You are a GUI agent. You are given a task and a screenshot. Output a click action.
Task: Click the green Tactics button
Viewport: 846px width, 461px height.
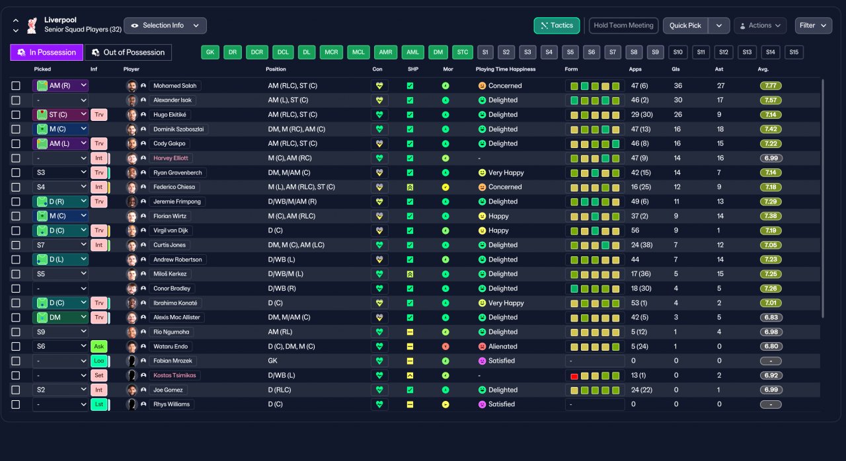point(557,26)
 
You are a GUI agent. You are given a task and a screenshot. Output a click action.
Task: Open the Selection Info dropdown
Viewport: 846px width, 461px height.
point(165,26)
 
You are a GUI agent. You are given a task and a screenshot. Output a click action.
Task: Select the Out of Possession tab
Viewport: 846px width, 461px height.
point(128,52)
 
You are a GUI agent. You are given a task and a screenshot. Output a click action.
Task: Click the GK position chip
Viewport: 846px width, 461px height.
point(210,52)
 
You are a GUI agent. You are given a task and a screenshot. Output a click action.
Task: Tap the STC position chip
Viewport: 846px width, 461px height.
point(462,52)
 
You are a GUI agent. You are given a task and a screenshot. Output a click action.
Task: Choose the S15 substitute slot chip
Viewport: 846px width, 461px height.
point(794,52)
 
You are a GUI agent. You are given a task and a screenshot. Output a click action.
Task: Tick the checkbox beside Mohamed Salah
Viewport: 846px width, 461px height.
point(16,86)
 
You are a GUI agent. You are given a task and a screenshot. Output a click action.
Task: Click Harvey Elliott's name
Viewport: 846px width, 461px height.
point(171,158)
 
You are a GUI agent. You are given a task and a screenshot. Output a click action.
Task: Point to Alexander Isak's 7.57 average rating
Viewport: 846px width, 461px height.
point(771,100)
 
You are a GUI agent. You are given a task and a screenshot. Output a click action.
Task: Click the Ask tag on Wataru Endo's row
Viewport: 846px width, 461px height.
point(99,346)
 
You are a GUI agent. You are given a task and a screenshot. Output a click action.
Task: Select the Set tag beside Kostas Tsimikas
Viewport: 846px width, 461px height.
point(99,375)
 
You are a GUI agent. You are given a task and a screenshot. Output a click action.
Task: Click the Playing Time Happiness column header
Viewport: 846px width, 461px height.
point(506,69)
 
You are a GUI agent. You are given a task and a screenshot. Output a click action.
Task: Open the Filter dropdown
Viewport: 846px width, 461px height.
point(813,26)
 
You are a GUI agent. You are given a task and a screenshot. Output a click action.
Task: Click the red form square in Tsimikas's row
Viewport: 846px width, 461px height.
point(574,376)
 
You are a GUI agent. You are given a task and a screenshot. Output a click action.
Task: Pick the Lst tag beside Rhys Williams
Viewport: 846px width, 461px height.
point(99,404)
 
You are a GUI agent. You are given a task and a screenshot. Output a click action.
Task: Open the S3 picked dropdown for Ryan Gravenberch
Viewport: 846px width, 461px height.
point(60,173)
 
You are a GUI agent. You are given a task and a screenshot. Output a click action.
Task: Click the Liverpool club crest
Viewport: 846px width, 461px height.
point(32,26)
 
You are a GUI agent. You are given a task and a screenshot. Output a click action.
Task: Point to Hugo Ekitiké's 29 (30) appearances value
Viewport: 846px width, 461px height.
point(642,115)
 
